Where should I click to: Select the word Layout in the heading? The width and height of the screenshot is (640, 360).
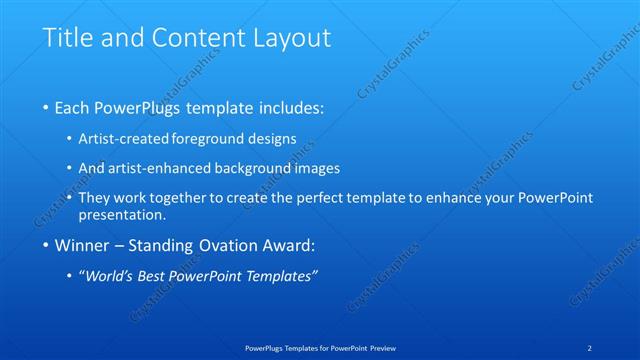pyautogui.click(x=289, y=39)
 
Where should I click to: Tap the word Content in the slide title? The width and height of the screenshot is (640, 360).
pyautogui.click(x=191, y=39)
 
